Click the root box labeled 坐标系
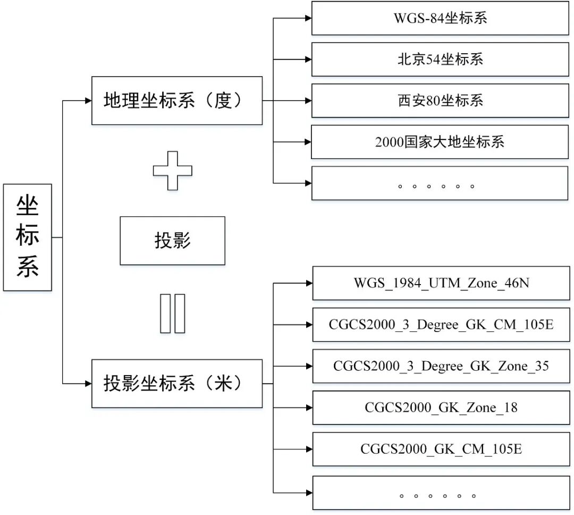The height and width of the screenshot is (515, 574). [28, 237]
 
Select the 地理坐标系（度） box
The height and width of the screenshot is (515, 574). [176, 101]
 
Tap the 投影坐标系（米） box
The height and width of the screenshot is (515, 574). [176, 384]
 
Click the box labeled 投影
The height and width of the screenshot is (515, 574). [172, 240]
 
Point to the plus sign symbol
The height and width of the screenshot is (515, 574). [173, 171]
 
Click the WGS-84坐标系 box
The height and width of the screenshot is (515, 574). [440, 19]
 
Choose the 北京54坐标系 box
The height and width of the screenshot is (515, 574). [440, 60]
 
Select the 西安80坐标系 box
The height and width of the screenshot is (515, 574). [440, 101]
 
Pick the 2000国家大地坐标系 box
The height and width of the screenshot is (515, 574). [440, 142]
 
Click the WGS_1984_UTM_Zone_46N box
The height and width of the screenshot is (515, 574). [441, 283]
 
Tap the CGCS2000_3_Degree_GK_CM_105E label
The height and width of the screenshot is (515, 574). [441, 324]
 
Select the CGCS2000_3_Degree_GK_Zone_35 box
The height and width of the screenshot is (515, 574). [441, 366]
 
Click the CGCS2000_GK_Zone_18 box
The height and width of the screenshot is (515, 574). [441, 408]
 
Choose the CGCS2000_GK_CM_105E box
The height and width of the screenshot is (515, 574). [441, 449]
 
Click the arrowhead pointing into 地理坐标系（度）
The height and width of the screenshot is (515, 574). [88, 101]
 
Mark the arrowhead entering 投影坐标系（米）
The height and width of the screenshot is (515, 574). [88, 384]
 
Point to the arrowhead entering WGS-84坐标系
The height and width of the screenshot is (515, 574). [308, 18]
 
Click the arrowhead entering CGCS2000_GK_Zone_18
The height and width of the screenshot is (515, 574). [309, 408]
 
